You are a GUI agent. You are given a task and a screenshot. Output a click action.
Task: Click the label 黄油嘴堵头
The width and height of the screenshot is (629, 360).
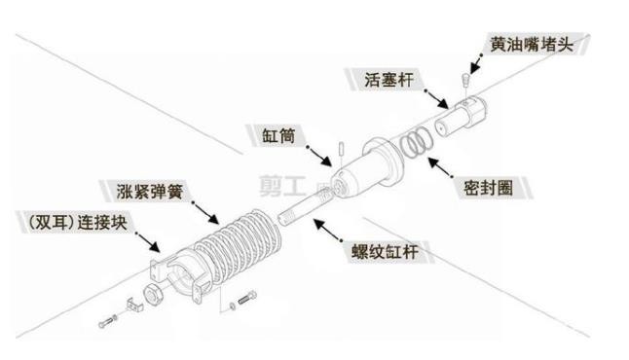click(x=532, y=44)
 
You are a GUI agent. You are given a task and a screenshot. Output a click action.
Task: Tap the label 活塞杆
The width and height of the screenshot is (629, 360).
click(x=388, y=80)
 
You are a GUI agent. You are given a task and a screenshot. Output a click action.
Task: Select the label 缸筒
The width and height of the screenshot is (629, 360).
click(x=278, y=136)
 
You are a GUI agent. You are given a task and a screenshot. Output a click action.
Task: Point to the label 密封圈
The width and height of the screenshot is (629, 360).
click(x=488, y=188)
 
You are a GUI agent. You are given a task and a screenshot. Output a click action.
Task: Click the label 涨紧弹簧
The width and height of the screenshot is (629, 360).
click(x=150, y=192)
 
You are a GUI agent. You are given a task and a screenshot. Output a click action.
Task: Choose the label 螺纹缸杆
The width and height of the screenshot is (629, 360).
click(x=386, y=252)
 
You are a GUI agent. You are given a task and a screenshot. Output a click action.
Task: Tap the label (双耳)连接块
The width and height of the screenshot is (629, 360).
click(x=78, y=223)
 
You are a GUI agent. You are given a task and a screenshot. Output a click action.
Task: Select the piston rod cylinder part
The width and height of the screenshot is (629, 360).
click(x=462, y=116)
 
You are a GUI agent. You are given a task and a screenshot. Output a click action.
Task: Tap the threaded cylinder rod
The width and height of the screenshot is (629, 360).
click(x=305, y=206)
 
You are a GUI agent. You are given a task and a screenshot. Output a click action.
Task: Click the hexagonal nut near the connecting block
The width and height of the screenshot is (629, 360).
click(x=153, y=295)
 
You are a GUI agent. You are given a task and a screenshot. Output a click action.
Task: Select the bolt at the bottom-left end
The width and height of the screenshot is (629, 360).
click(x=107, y=321)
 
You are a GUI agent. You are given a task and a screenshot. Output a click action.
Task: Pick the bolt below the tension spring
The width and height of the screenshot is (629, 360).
click(x=247, y=298)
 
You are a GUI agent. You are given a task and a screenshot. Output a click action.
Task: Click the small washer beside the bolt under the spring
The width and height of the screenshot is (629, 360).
click(x=233, y=306)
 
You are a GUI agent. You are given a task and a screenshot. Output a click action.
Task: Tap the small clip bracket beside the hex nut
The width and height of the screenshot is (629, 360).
click(x=134, y=305)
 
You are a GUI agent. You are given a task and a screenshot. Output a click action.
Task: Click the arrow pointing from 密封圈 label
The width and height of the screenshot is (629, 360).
click(x=440, y=167)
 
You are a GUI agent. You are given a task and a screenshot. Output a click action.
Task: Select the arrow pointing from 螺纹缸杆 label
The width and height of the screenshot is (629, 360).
click(x=327, y=230)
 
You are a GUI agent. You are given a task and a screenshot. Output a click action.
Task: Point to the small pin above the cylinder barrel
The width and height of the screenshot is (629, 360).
click(x=341, y=148)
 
